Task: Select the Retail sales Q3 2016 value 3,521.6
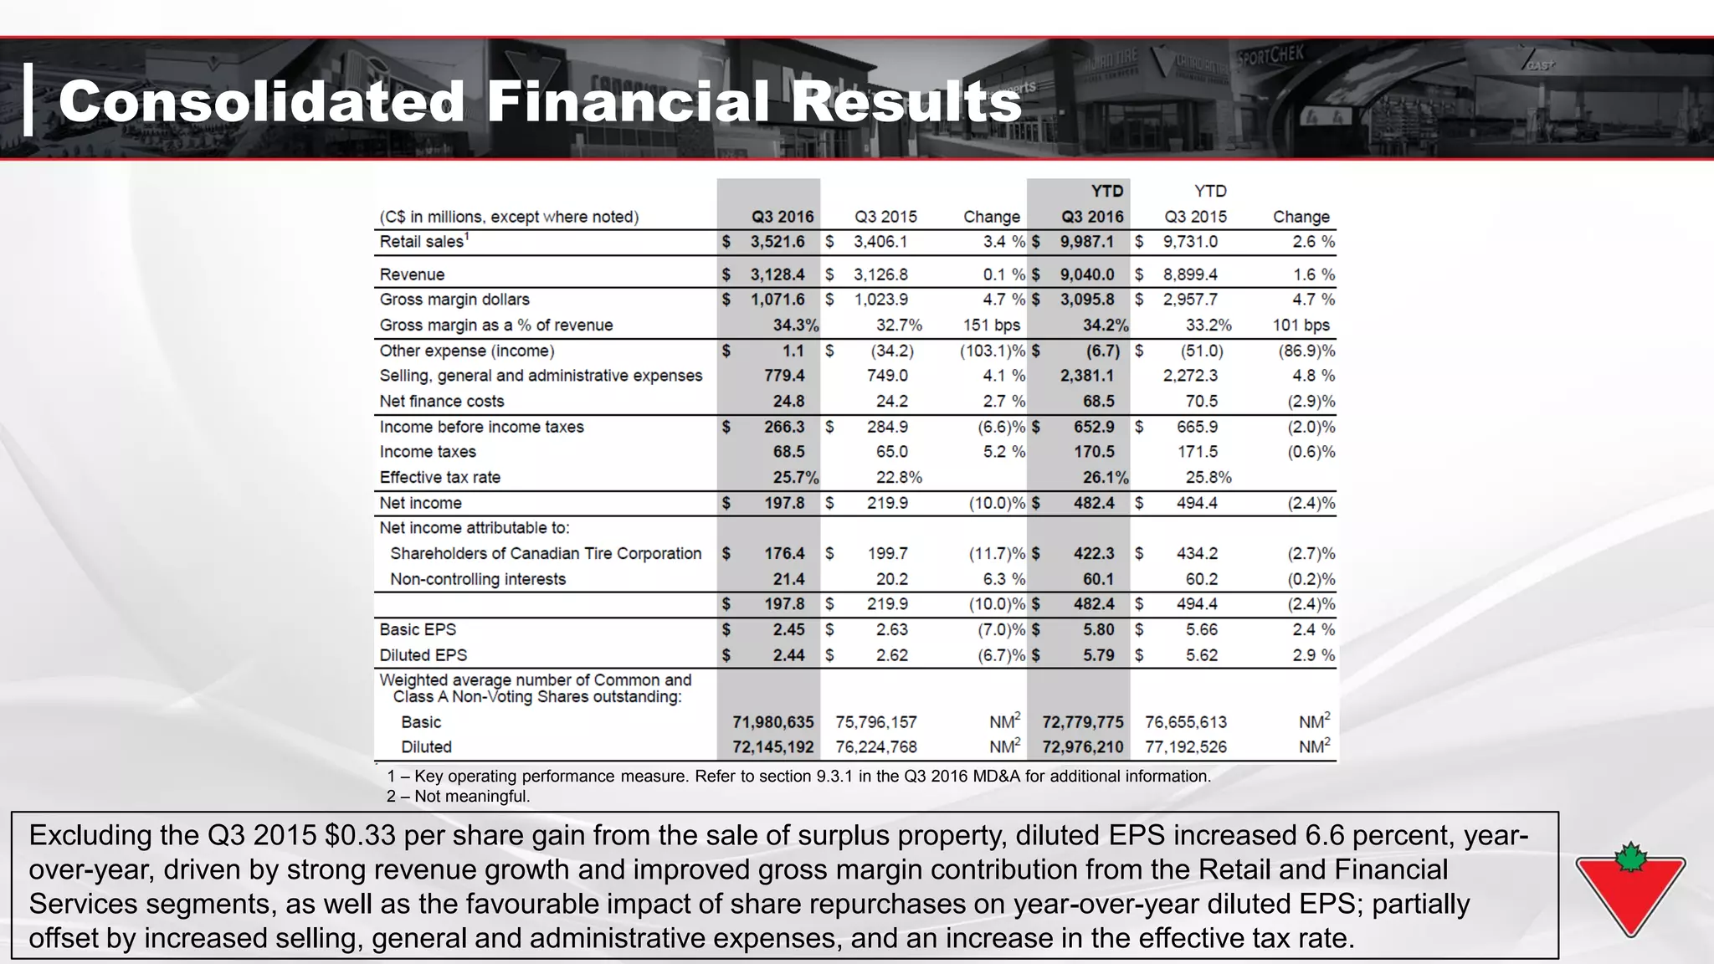point(777,242)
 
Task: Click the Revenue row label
point(412,274)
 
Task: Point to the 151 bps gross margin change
point(992,325)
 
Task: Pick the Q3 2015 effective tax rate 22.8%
point(899,477)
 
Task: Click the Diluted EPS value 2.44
point(788,655)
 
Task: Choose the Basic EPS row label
point(418,629)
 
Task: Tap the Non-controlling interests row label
point(477,579)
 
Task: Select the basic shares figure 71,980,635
point(772,721)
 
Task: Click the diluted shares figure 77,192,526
point(1186,746)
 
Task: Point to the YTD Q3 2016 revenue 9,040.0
point(1087,274)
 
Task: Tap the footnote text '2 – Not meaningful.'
point(458,796)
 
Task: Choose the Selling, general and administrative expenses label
point(541,376)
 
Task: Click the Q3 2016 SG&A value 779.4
point(784,376)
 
